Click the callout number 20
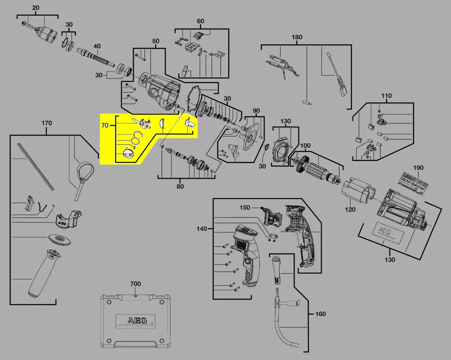(x=36, y=8)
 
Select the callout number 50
(x=156, y=41)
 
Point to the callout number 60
(x=200, y=21)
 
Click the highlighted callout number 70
(x=105, y=125)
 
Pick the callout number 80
(x=180, y=186)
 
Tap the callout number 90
(x=256, y=110)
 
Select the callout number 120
(x=350, y=210)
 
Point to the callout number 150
(x=245, y=208)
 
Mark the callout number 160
(x=320, y=314)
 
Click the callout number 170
(x=46, y=123)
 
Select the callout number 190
(x=418, y=168)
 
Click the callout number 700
(x=135, y=284)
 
